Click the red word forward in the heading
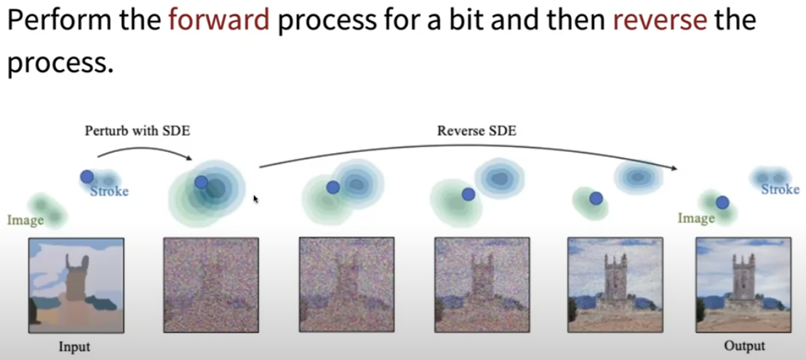pos(219,20)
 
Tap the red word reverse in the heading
pos(660,21)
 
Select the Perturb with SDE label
pos(137,131)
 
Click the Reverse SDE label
pos(476,131)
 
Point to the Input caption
pos(74,347)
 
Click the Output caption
pos(744,346)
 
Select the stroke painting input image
pos(76,285)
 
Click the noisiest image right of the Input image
pos(211,285)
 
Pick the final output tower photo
pos(743,285)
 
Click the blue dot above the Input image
pos(87,177)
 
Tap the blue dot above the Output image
pos(722,202)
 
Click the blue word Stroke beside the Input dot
pos(109,192)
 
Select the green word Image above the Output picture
pos(696,218)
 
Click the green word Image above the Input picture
pos(25,220)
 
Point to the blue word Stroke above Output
pos(781,190)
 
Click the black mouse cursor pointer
pos(256,199)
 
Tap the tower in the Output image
pos(743,280)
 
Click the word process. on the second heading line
pos(60,64)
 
